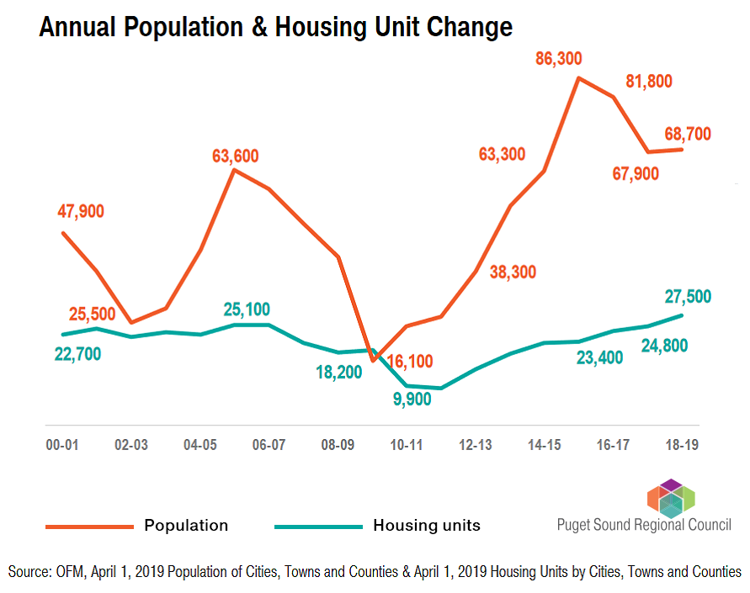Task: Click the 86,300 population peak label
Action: point(570,59)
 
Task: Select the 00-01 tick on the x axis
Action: point(62,444)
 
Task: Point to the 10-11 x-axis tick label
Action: point(406,444)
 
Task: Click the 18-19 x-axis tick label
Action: point(681,444)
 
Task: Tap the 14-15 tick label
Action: point(544,444)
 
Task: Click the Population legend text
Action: point(186,526)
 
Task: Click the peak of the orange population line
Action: point(578,77)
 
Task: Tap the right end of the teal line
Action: point(681,315)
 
